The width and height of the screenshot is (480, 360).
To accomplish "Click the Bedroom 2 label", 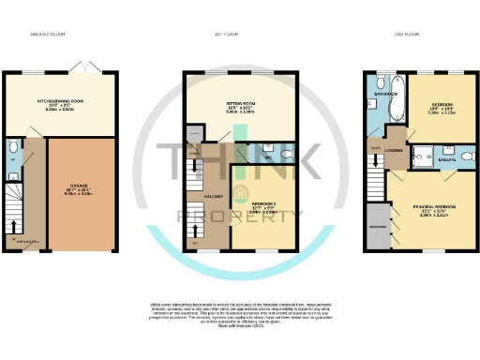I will click(262, 207).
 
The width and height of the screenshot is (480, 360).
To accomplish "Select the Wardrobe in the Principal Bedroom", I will click(379, 228).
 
